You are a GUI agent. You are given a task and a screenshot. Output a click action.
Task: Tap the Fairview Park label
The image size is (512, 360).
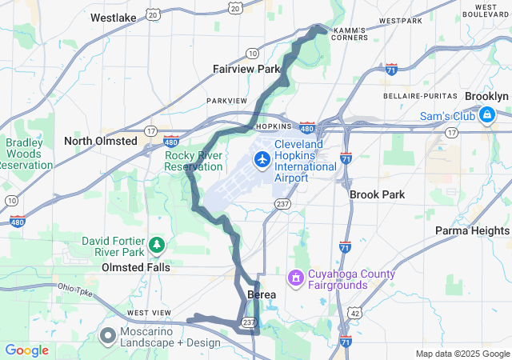click(x=246, y=69)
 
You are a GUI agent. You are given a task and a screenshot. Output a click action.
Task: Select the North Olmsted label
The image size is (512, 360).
click(x=101, y=141)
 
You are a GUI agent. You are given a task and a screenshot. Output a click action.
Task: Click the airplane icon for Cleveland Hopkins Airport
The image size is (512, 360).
click(x=261, y=160)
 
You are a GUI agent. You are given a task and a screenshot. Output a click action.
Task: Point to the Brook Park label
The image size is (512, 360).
click(x=378, y=194)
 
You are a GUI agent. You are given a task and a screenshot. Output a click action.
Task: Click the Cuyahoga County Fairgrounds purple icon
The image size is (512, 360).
click(x=296, y=278)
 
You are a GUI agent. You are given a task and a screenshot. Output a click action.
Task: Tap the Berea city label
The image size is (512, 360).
click(x=262, y=295)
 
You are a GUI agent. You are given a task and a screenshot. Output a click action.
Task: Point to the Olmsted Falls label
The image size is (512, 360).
click(x=135, y=267)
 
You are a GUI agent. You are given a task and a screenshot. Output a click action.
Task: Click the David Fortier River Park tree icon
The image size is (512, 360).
click(x=158, y=242)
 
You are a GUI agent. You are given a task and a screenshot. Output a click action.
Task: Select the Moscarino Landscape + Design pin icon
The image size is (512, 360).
click(x=107, y=336)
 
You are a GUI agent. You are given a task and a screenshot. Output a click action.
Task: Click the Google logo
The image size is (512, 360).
click(x=26, y=350)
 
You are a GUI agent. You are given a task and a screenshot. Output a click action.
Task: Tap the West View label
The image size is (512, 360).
click(x=148, y=312)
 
